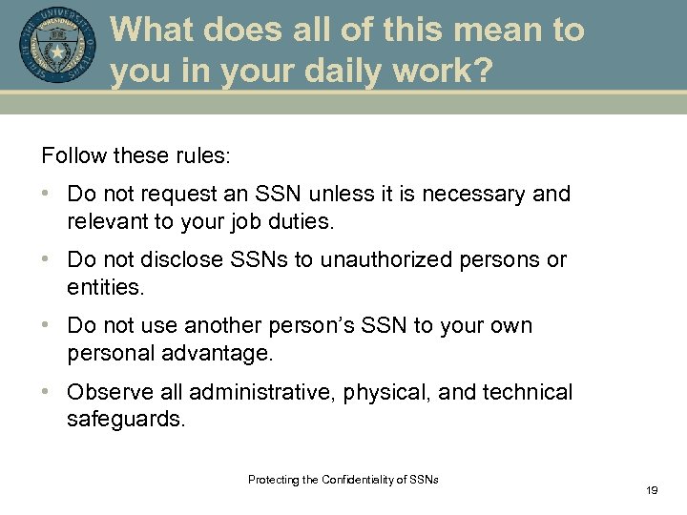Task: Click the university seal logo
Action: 57,47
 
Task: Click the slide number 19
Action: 653,489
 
